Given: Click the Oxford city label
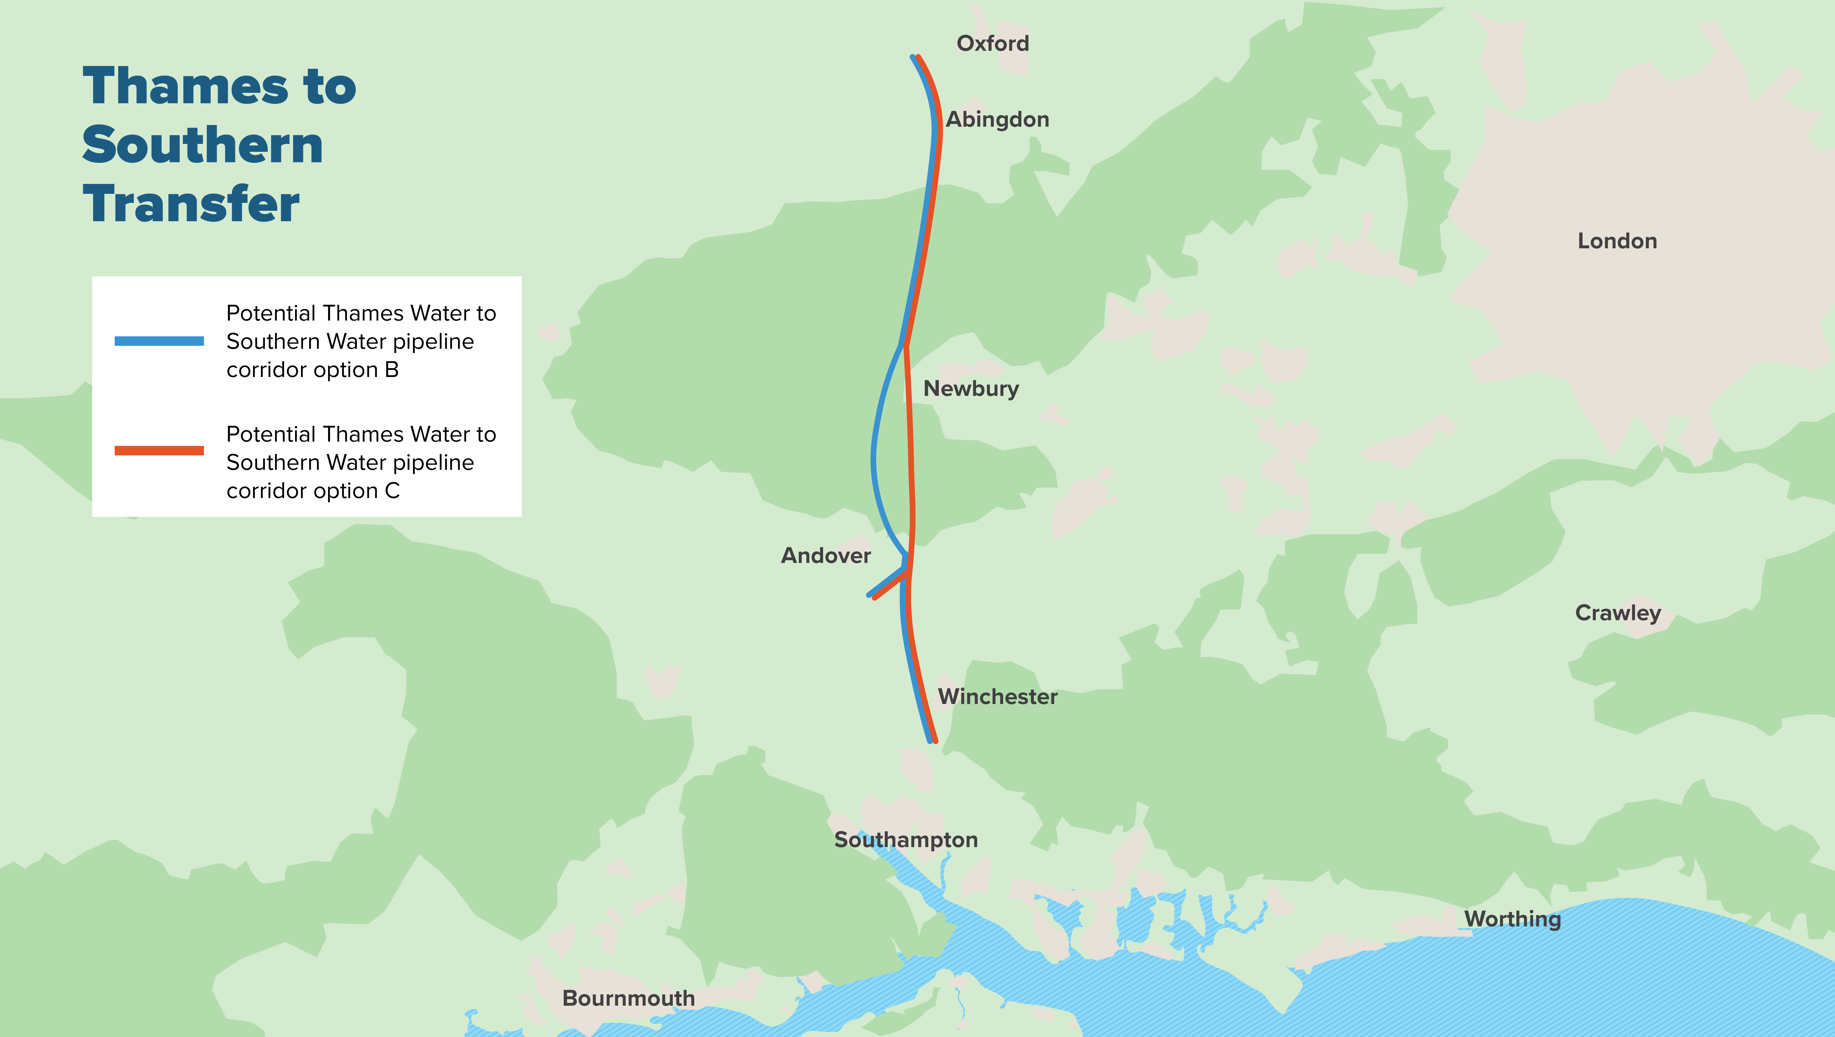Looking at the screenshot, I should point(992,43).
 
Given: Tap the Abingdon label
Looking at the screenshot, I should point(997,120).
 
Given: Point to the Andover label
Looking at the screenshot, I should point(826,556).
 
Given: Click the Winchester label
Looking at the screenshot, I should point(997,697).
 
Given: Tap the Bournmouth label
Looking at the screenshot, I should point(628,999).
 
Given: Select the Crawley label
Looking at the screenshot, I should point(1618,613).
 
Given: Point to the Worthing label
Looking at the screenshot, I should point(1512,919).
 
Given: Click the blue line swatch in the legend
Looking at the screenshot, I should point(159,341).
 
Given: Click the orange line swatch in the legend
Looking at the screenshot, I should point(159,450).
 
